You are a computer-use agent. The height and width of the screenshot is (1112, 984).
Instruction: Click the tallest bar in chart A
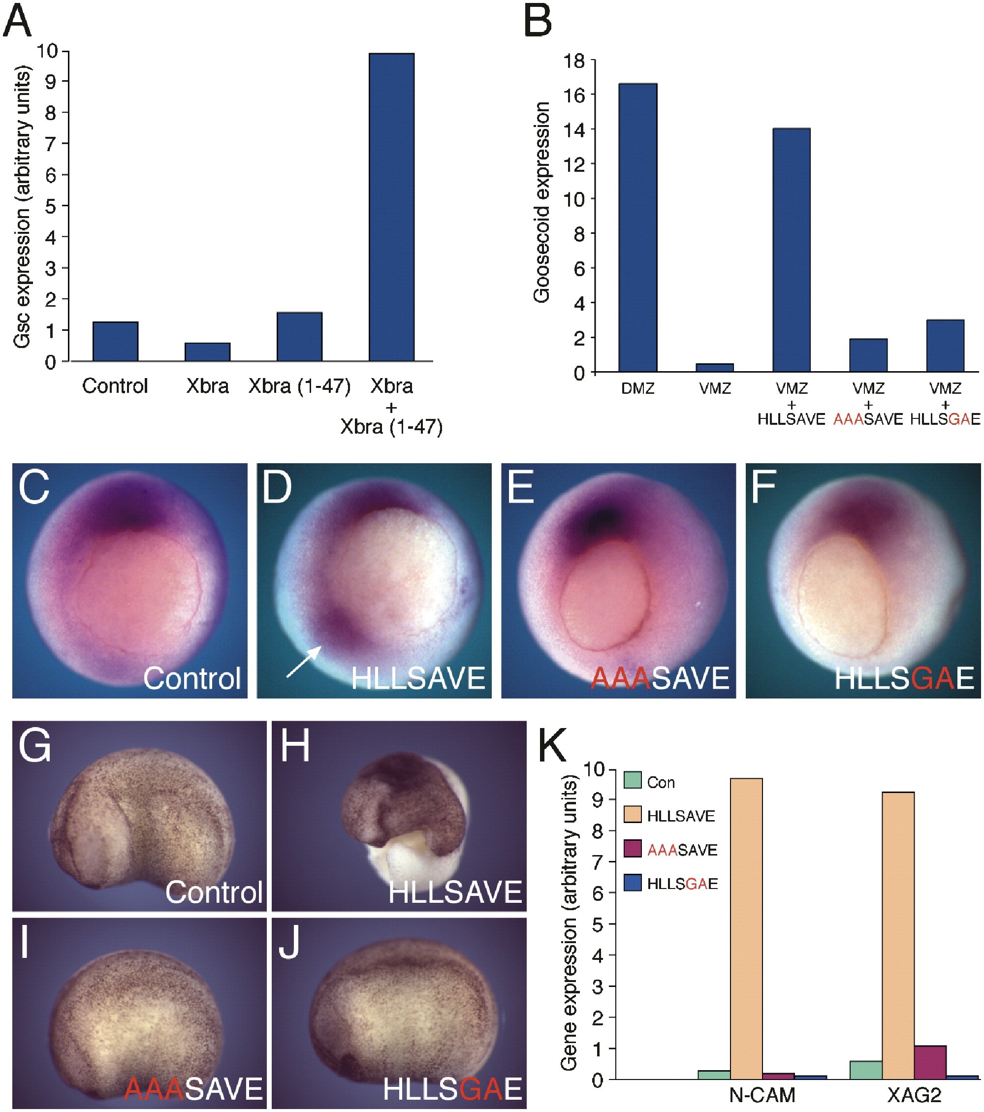pos(391,207)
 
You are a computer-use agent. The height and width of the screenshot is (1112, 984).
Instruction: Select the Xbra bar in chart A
pos(207,351)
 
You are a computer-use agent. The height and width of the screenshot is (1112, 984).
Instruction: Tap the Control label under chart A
pos(115,386)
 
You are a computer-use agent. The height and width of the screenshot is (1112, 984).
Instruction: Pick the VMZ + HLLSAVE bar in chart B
pos(792,250)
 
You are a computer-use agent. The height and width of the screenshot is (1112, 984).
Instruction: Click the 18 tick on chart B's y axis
pos(573,61)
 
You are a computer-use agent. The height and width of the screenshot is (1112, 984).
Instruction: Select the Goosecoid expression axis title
pos(542,202)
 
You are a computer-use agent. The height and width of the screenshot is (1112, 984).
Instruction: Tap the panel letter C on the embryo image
pos(34,487)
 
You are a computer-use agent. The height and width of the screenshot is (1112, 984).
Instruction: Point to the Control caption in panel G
pos(214,892)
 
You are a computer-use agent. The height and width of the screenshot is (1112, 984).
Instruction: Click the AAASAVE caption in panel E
pos(660,678)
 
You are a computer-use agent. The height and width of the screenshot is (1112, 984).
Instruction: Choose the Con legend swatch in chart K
pos(633,780)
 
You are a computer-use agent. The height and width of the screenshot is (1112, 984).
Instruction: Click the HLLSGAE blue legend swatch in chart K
pos(633,883)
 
